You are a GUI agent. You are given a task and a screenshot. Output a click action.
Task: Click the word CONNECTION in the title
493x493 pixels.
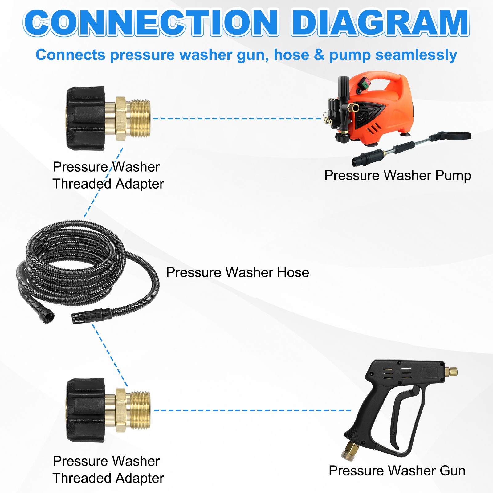[x=151, y=23]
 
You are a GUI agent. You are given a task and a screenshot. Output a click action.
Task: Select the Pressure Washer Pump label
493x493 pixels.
[x=397, y=176]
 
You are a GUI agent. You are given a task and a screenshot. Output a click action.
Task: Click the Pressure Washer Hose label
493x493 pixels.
[x=238, y=272]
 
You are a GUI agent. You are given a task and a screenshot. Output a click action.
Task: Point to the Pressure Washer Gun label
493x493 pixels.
[x=397, y=471]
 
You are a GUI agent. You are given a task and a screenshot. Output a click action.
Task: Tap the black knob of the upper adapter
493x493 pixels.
[x=86, y=118]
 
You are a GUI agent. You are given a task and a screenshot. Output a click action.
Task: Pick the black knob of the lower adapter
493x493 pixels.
[x=86, y=410]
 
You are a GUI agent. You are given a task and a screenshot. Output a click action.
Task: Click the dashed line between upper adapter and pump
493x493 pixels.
[x=237, y=118]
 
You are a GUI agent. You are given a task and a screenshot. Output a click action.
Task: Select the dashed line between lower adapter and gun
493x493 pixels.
[x=252, y=410]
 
